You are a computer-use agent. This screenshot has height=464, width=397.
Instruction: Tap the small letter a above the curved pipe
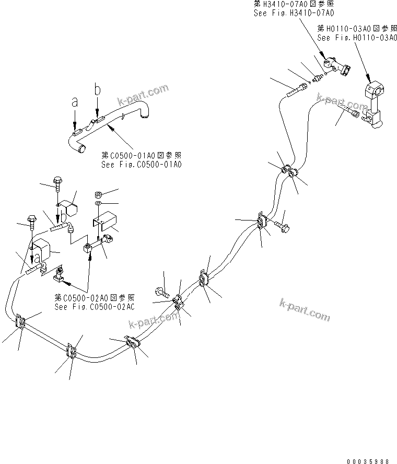click(x=75, y=103)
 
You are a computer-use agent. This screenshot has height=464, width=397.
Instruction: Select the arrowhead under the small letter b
click(x=97, y=113)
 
